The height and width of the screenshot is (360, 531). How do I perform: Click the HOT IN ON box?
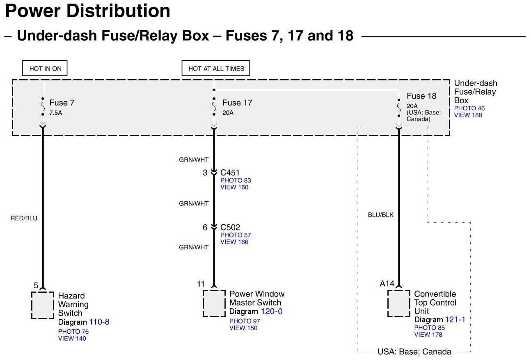[45, 68]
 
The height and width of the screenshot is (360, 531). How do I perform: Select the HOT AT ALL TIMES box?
[216, 68]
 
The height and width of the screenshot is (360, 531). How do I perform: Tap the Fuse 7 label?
[62, 103]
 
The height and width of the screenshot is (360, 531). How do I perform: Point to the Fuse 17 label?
[237, 103]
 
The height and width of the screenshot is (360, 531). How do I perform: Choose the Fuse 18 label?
[421, 96]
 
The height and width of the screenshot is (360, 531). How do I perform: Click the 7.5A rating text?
[56, 113]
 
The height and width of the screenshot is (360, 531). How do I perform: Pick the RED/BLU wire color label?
[24, 218]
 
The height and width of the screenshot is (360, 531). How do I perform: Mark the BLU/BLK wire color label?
[381, 214]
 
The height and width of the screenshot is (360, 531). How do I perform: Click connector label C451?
[230, 173]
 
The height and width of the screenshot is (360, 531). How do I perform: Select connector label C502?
[230, 228]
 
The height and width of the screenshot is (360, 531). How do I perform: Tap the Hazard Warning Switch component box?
[43, 305]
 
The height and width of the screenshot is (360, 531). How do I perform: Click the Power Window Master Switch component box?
[214, 303]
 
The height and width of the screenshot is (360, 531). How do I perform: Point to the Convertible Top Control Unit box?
[399, 303]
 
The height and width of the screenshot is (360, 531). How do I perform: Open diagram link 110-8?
[99, 322]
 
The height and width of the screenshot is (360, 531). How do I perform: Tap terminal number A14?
[387, 284]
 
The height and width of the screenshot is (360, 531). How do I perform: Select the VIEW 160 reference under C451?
[234, 187]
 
